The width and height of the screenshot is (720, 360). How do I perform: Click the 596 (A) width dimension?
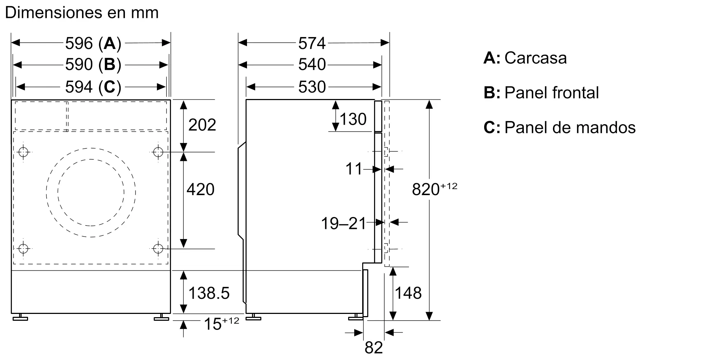tap(93, 43)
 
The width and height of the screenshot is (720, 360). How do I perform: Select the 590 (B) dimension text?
tap(93, 65)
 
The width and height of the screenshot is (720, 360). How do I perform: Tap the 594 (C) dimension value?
tap(93, 87)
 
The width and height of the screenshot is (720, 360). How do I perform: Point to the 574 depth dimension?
tap(312, 43)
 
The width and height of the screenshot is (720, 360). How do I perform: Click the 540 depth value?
tap(312, 65)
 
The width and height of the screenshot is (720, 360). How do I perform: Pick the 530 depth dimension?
tap(312, 87)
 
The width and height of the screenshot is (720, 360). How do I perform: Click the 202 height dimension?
tap(202, 125)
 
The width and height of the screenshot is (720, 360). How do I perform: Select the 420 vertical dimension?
tap(201, 189)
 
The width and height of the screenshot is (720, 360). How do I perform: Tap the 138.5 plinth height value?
tap(209, 293)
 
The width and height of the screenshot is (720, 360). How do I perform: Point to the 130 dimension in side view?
tap(353, 119)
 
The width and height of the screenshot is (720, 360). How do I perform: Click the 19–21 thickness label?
tap(343, 224)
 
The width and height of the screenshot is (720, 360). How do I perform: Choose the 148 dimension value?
tap(408, 293)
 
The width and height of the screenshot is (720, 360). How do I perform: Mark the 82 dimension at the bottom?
tap(374, 348)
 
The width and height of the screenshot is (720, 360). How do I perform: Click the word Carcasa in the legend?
tap(535, 58)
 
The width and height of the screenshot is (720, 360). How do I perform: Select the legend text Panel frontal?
tap(552, 93)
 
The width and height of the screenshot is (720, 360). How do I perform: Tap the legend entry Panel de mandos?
tap(570, 127)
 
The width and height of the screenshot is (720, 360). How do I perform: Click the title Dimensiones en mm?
tap(82, 13)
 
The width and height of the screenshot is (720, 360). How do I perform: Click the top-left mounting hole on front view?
tap(23, 152)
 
